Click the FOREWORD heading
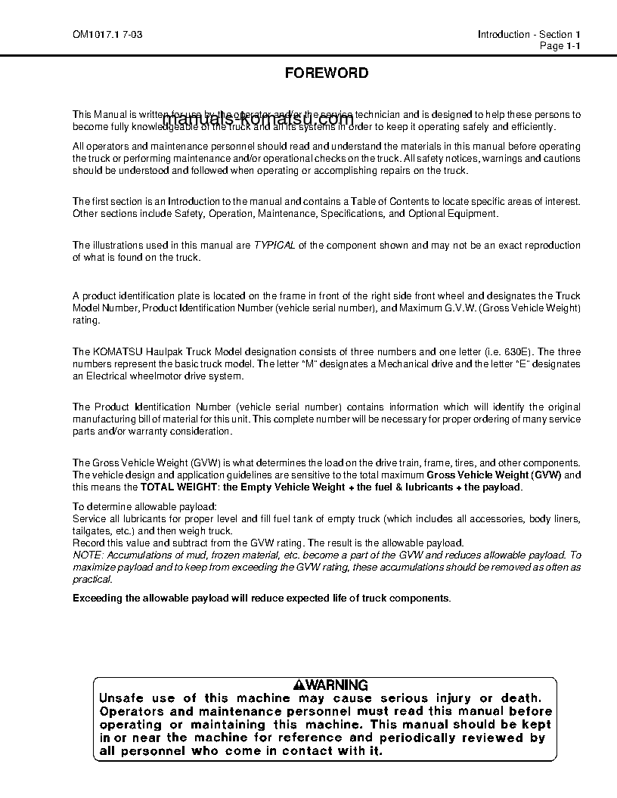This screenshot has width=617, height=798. (327, 73)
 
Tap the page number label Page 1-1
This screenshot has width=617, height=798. (560, 46)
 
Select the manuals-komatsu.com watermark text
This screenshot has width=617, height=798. (258, 119)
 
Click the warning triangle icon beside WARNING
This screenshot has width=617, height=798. (299, 685)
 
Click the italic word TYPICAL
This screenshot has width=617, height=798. (274, 246)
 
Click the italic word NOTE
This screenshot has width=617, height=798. (87, 555)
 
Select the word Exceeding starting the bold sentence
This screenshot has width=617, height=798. (97, 598)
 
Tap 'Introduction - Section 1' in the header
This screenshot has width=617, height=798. (529, 35)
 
